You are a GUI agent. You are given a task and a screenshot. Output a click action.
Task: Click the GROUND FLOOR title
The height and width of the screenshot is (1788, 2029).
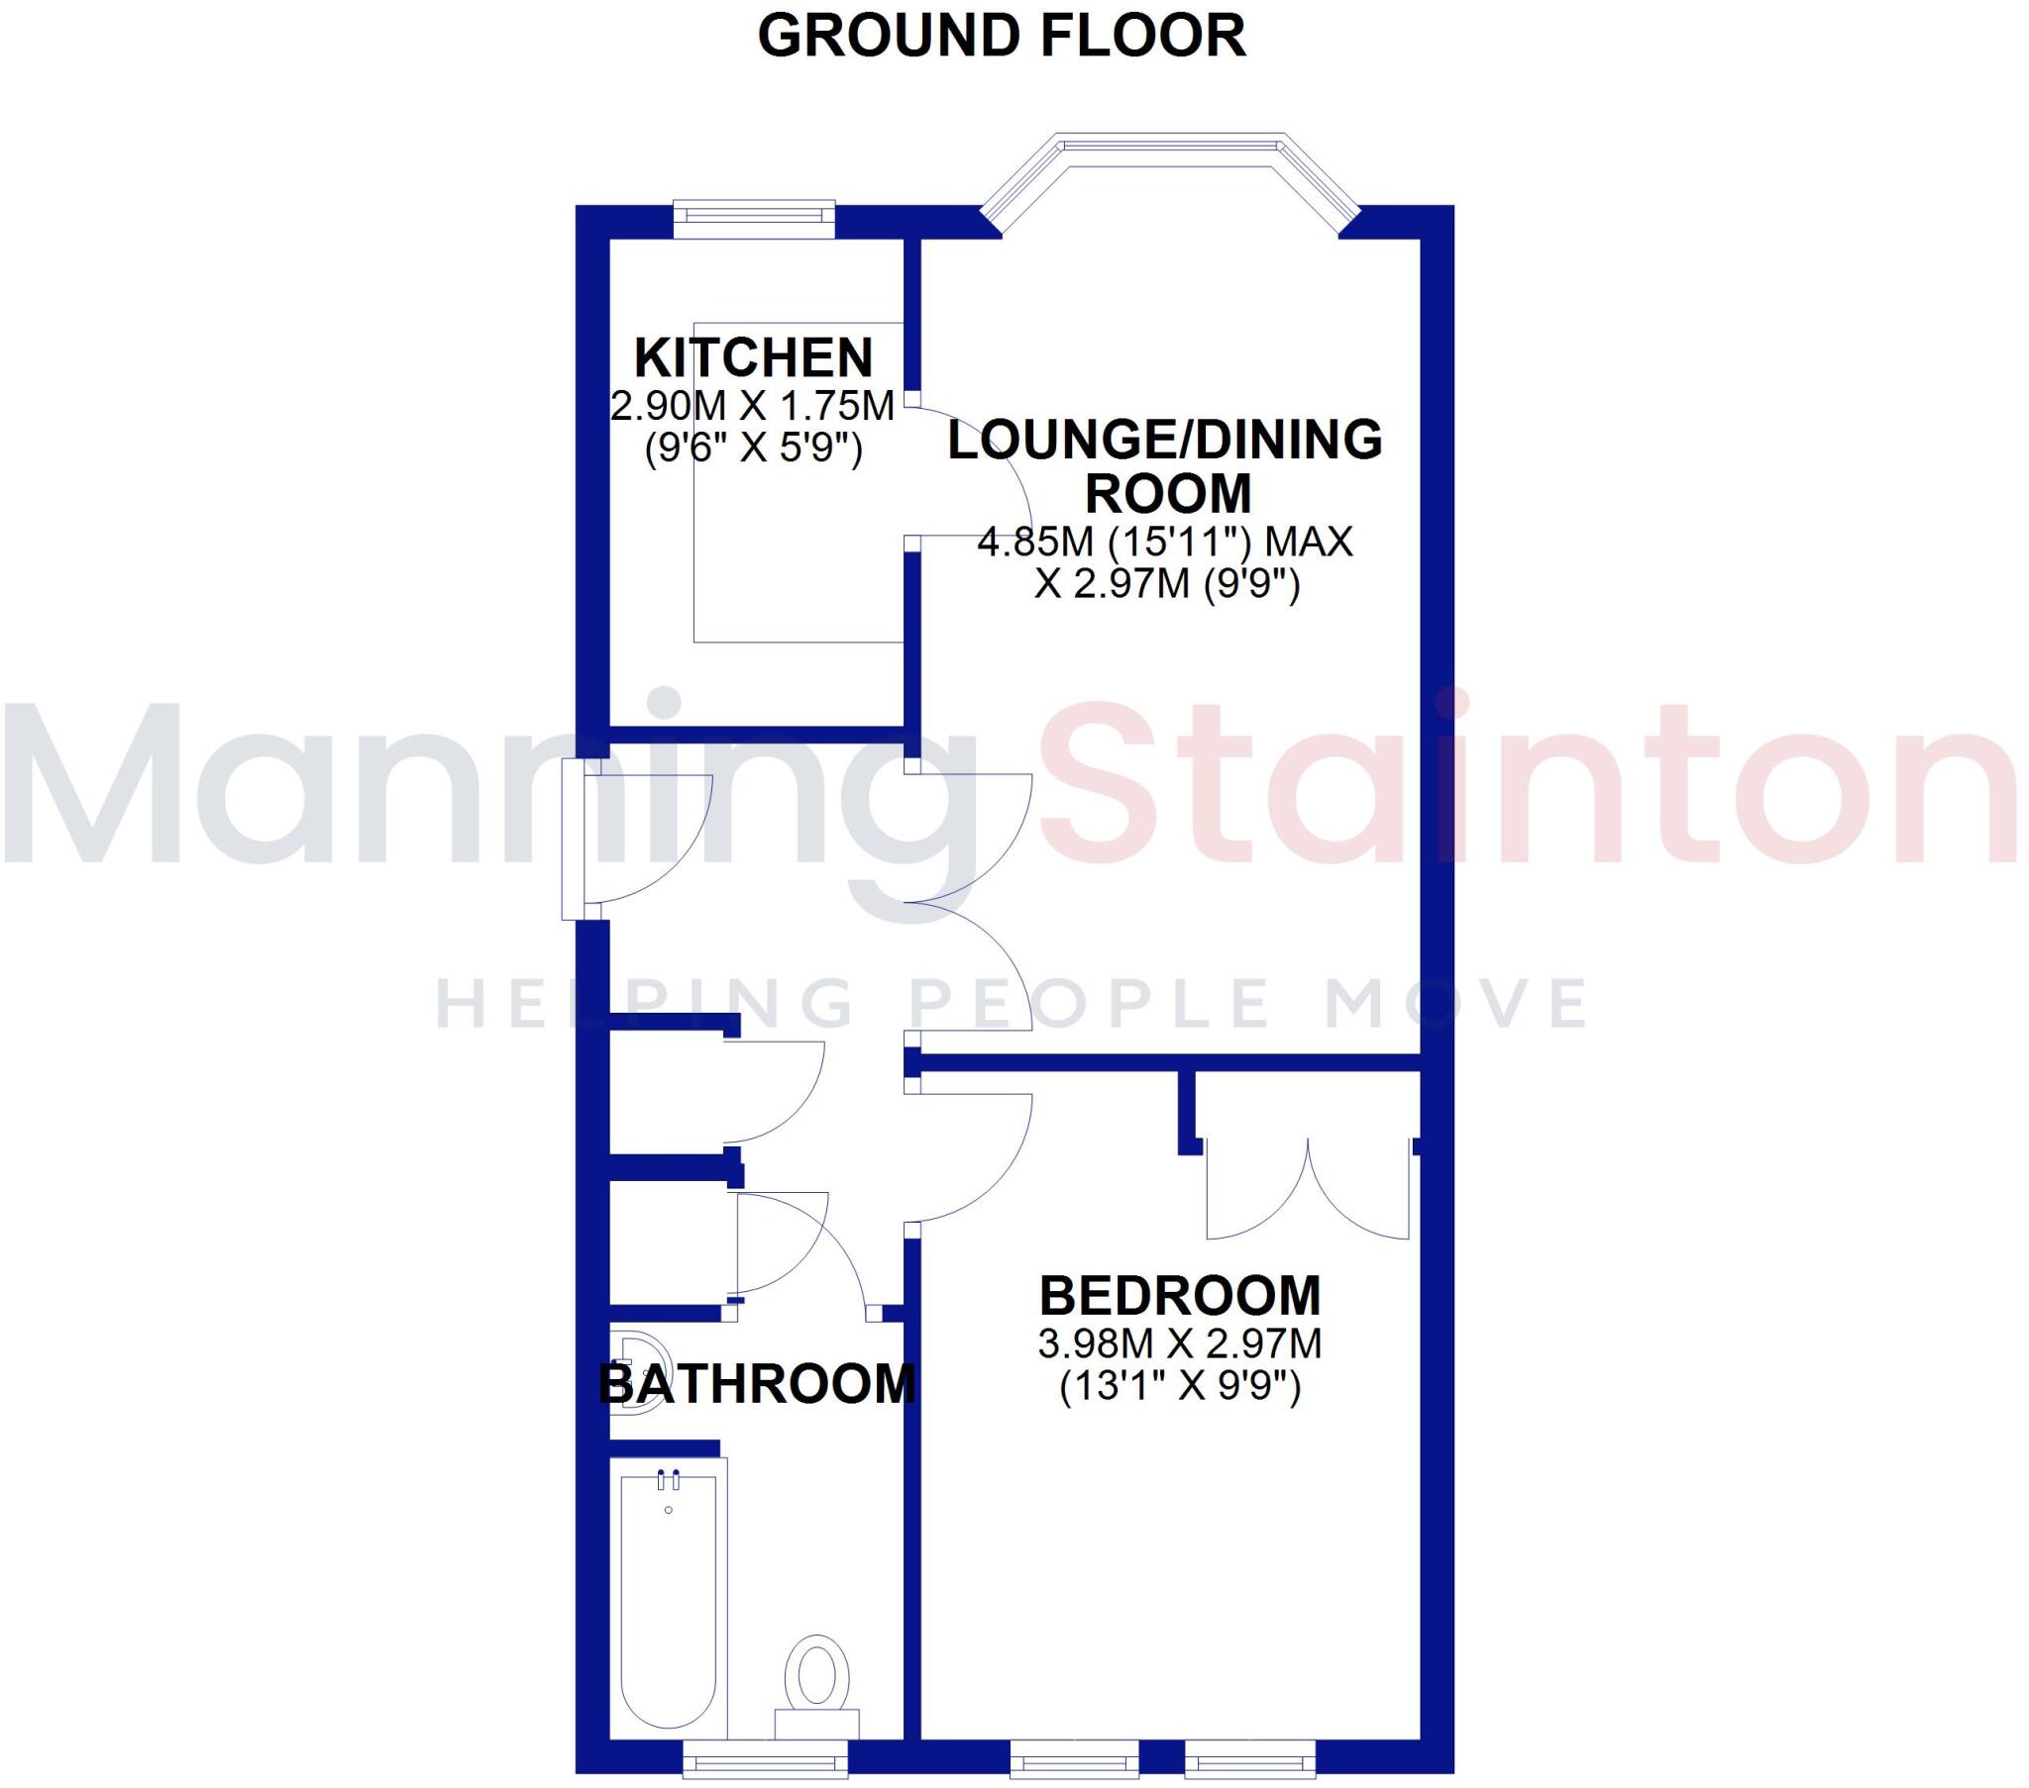point(1001,37)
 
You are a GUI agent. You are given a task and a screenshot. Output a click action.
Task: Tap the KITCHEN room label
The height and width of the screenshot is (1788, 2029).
point(753,358)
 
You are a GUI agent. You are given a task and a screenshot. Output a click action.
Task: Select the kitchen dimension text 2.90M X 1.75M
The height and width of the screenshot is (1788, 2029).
point(752,406)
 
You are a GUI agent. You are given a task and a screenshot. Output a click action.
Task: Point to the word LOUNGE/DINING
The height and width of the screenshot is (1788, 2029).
point(1164,441)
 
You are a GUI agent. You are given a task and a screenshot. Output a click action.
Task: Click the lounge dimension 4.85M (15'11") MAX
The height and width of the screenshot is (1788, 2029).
point(1165,542)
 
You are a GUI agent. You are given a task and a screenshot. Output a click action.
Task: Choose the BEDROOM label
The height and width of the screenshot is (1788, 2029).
point(1179,1296)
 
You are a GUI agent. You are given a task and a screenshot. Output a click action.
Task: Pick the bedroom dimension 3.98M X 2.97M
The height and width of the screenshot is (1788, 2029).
point(1179,1344)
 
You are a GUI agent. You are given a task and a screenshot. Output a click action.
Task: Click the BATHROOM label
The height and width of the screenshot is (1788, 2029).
point(756,1384)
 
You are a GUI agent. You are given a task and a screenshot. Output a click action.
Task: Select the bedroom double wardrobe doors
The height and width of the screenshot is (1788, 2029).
point(1308,1191)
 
